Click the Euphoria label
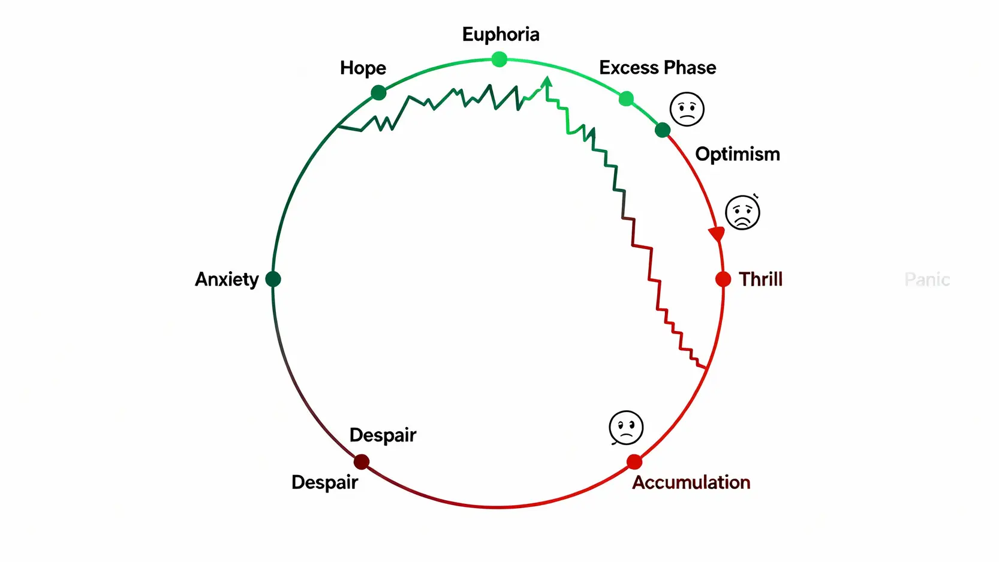click(501, 35)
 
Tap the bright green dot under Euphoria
click(499, 59)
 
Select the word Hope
click(363, 68)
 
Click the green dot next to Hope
click(378, 93)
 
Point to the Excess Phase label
click(657, 68)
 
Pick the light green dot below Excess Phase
click(626, 98)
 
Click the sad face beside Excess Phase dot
click(687, 109)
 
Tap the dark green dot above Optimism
click(663, 130)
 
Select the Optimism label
click(737, 154)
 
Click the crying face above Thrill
click(742, 212)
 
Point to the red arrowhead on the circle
click(717, 233)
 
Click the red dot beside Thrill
click(723, 279)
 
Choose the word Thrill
click(760, 280)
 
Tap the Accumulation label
click(691, 482)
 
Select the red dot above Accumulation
click(634, 462)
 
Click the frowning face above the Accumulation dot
click(626, 428)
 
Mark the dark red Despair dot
click(362, 462)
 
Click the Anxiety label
click(227, 280)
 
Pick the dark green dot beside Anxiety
click(273, 279)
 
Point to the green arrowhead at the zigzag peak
click(546, 82)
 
